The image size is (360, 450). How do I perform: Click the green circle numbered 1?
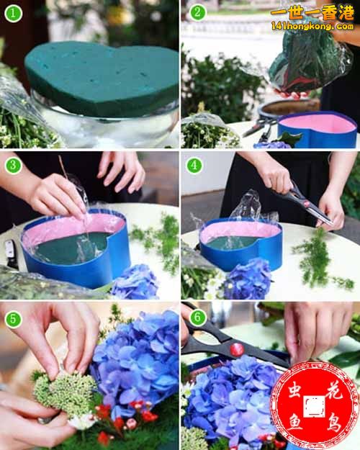point(13,13)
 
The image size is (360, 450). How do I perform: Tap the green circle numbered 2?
point(197,12)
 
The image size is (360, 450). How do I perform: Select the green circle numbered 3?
point(13,166)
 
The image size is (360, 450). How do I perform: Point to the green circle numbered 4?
point(194,166)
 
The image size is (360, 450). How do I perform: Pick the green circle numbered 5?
point(13,319)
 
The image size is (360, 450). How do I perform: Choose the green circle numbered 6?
point(197,318)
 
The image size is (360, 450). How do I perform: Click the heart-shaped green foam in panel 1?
point(102,78)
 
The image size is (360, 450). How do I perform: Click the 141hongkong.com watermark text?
point(312,27)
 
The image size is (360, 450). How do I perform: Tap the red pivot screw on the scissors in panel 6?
point(237,349)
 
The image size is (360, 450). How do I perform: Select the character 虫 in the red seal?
point(294,392)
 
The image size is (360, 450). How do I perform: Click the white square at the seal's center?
point(315,406)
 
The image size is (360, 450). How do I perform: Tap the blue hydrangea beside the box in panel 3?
point(135,282)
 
